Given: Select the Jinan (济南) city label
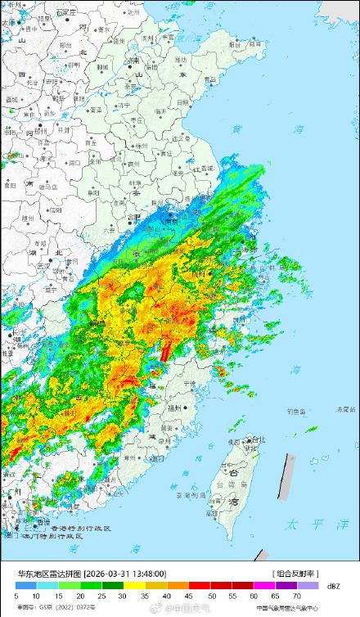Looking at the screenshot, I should tap(134, 61).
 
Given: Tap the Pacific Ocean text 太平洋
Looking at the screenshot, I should tap(307, 523).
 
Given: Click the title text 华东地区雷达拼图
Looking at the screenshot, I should tap(43, 574).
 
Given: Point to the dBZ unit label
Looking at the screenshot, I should tap(333, 587).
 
